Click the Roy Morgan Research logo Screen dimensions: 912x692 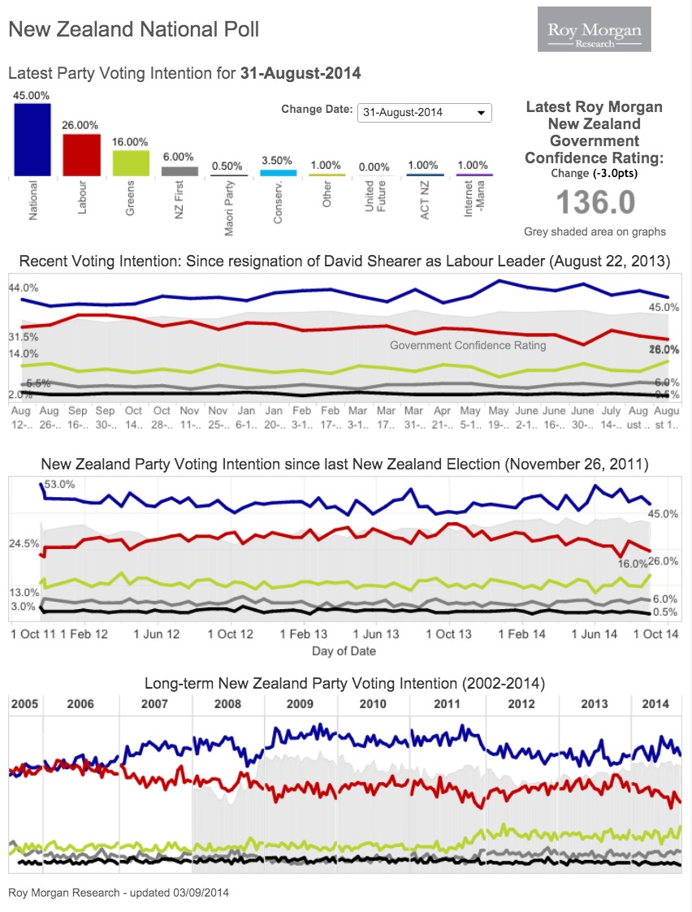594,30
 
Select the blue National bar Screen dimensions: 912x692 32,139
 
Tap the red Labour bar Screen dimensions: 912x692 81,154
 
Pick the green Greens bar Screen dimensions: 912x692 131,162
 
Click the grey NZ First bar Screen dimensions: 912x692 179,171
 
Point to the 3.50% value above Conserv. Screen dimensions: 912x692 276,161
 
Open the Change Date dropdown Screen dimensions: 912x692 424,112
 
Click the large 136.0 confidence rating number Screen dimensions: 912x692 595,202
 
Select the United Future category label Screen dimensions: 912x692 374,197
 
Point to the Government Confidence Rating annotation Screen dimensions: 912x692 468,345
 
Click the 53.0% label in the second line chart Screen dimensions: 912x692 58,485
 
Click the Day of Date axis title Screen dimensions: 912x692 344,651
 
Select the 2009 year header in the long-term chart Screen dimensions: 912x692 300,704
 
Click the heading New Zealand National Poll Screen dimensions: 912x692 134,30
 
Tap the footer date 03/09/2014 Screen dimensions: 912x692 201,893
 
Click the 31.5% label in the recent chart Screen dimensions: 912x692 23,337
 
